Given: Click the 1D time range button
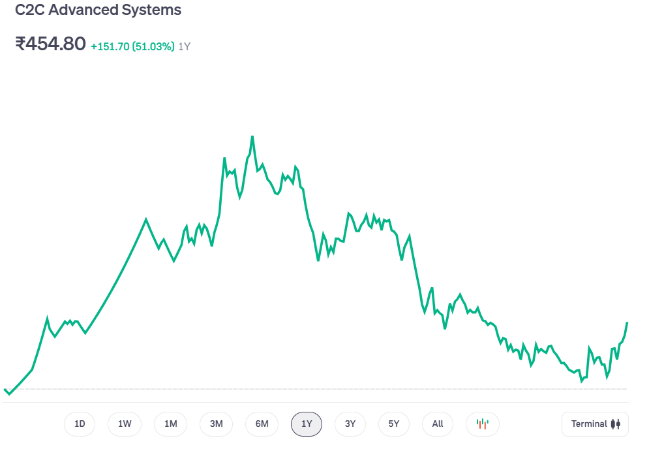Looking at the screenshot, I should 80,424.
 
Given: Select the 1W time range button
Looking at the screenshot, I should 125,424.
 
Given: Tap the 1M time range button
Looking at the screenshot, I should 171,424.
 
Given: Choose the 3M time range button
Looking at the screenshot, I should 217,424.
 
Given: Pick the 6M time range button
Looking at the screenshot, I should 262,424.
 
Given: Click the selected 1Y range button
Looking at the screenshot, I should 307,424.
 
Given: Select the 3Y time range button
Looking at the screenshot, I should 350,424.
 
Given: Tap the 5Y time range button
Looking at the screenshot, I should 394,424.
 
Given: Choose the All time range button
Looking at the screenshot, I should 438,424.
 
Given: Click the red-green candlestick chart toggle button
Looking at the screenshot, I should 483,424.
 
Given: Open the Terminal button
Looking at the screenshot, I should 595,424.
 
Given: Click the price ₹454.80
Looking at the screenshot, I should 50,44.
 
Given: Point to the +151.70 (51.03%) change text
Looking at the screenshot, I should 132,47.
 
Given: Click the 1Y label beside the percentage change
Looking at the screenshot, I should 185,47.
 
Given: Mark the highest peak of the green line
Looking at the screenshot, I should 252,136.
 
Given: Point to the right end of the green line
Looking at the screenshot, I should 627,323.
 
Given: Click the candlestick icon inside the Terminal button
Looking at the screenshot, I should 616,424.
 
